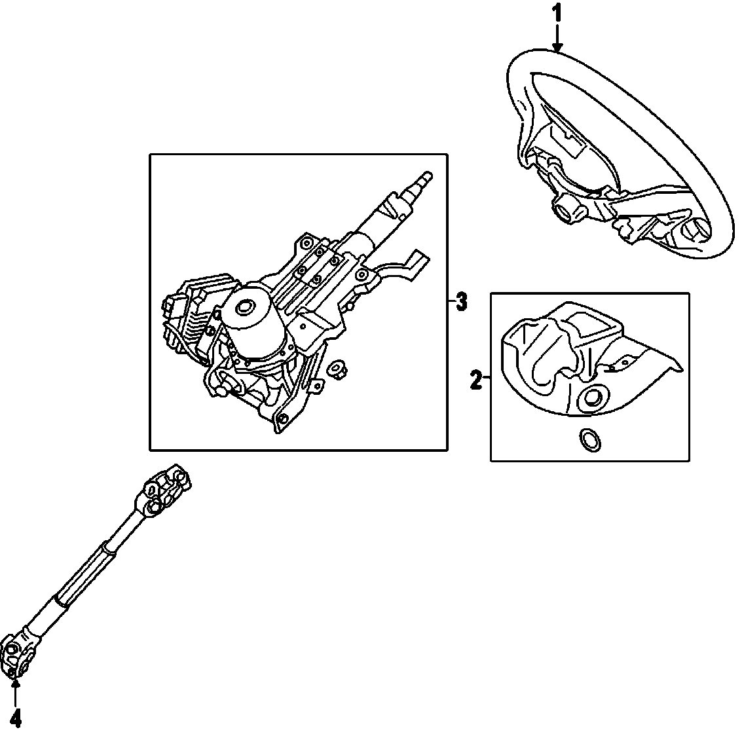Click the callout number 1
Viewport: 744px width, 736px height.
click(x=557, y=12)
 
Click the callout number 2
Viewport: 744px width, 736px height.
click(x=477, y=380)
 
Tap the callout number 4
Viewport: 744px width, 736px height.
click(x=16, y=720)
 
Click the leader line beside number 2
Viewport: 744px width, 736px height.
click(x=487, y=380)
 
